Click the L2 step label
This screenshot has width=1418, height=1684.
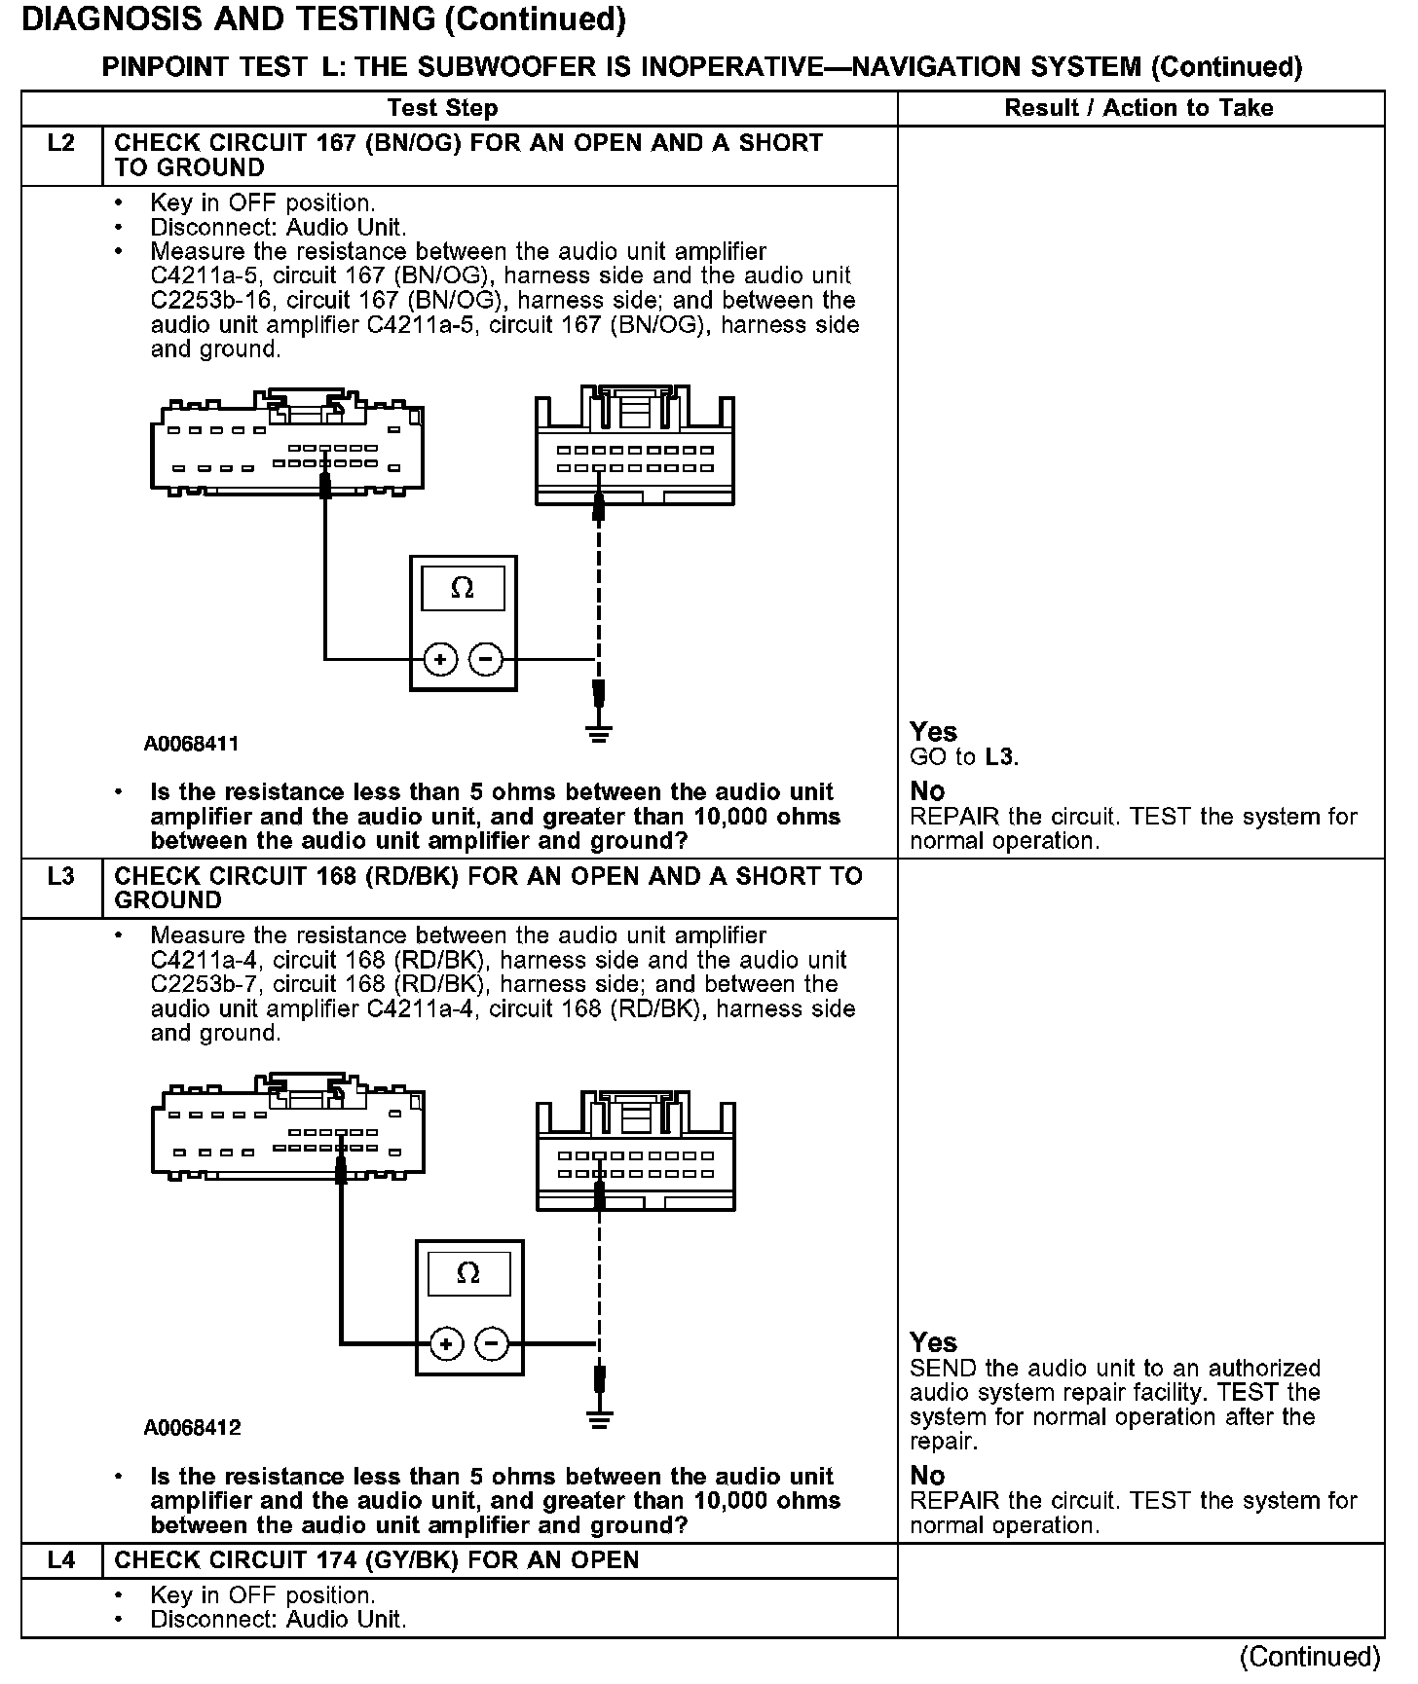60,144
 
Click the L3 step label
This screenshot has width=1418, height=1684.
60,877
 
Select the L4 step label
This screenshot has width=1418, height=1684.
60,1560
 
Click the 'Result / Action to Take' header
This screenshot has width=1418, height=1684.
1138,108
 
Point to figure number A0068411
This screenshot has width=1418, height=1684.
192,745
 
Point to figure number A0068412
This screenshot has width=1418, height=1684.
192,1428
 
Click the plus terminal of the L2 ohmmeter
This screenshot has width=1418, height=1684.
441,660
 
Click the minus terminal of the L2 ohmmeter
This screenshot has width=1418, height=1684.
486,660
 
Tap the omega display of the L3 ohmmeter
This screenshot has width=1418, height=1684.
468,1273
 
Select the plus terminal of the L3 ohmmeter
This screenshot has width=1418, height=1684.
446,1344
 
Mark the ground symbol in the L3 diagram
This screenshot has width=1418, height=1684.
600,1419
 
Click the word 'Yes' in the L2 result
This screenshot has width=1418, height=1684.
933,732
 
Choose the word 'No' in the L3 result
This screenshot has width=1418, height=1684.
927,1476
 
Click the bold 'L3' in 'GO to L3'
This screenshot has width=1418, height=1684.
1000,757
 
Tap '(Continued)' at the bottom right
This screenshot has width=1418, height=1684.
1310,1657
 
